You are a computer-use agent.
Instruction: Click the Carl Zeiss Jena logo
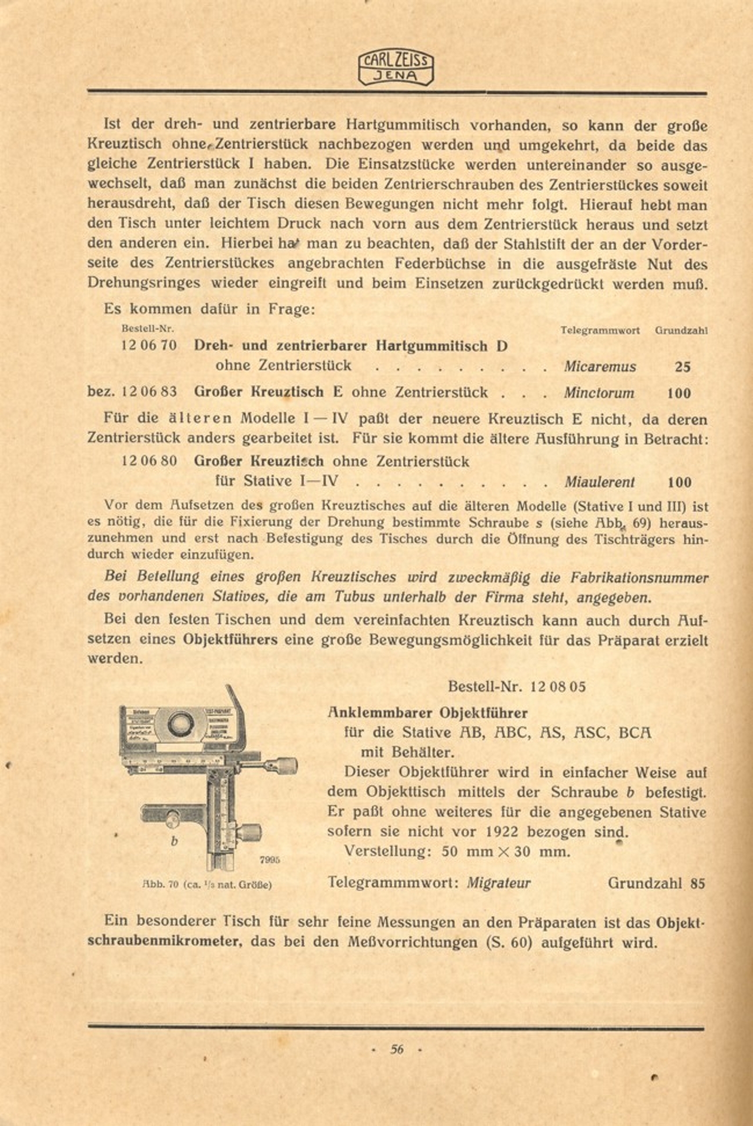(x=396, y=68)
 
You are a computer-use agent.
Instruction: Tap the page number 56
(x=397, y=1048)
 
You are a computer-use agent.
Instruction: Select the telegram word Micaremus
(x=600, y=366)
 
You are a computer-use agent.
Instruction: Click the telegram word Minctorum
(x=599, y=393)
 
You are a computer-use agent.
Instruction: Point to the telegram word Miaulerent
(x=599, y=481)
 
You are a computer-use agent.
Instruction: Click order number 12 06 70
(x=149, y=346)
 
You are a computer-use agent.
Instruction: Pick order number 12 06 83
(x=149, y=392)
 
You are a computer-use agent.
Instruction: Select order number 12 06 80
(x=149, y=462)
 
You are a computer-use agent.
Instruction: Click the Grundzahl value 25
(x=683, y=366)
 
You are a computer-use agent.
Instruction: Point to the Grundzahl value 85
(x=698, y=883)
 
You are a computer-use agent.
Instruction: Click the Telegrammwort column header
(x=600, y=330)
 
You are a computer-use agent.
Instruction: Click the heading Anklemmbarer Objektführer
(x=428, y=713)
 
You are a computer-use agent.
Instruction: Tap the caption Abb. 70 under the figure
(x=207, y=884)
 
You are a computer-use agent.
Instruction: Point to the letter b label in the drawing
(x=174, y=841)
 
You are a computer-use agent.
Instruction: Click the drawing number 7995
(x=270, y=860)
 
